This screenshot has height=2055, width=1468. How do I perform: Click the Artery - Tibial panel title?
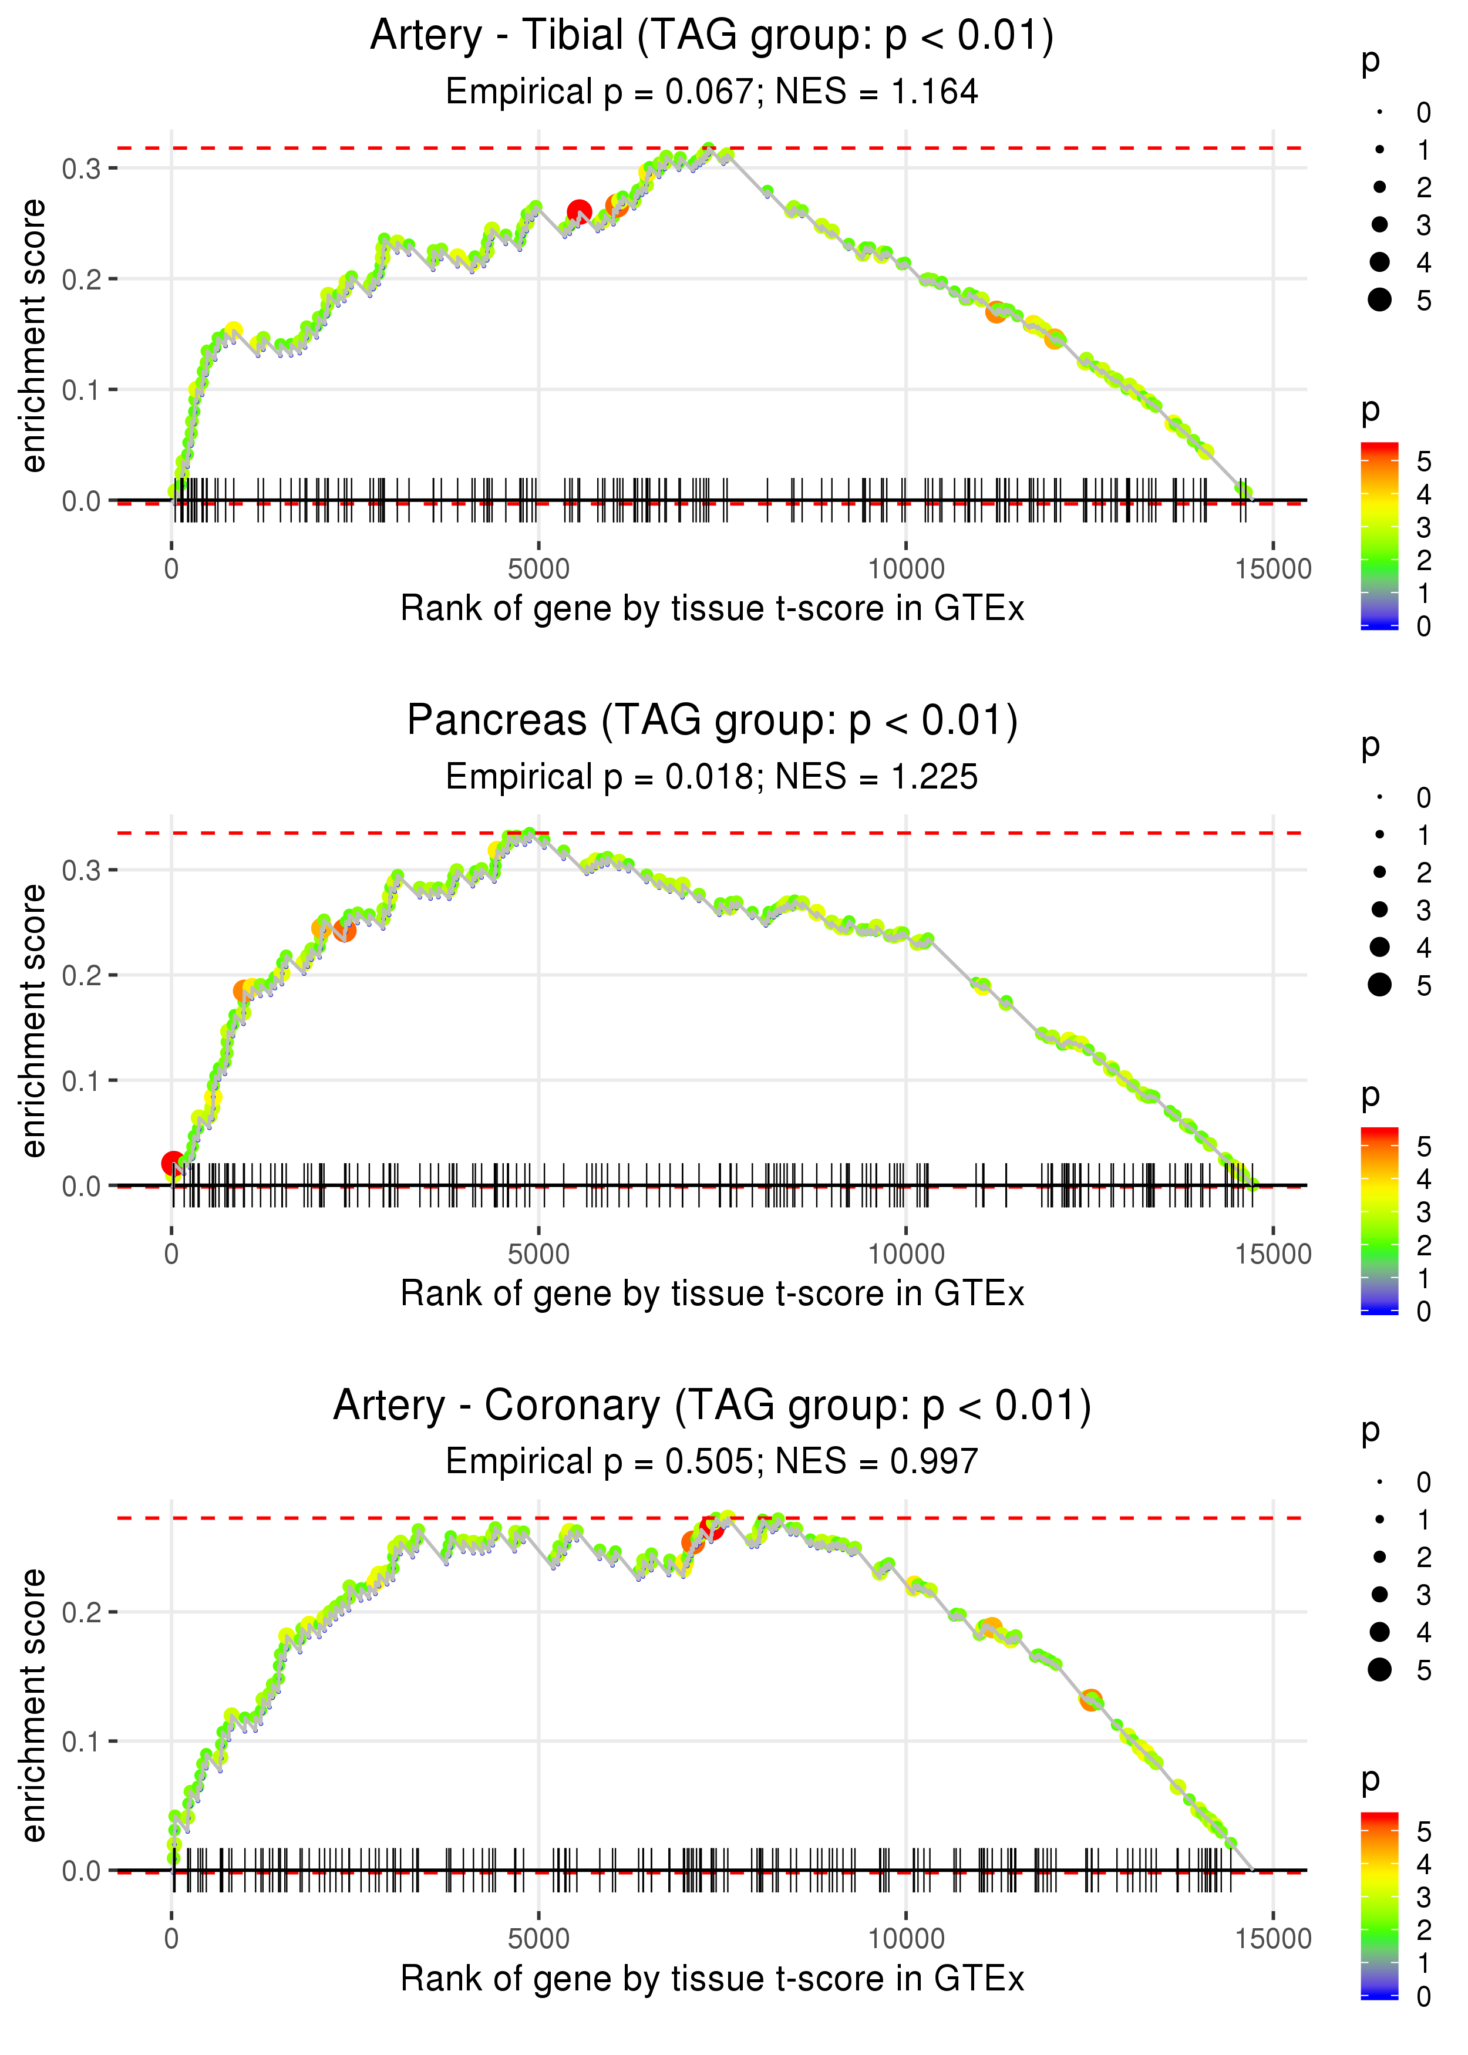[x=712, y=36]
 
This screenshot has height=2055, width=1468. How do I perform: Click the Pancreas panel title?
[x=712, y=721]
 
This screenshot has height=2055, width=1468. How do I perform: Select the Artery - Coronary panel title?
[x=712, y=1406]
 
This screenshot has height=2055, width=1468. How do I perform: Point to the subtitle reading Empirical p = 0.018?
[x=600, y=777]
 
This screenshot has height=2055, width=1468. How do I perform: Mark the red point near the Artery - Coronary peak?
[x=712, y=1528]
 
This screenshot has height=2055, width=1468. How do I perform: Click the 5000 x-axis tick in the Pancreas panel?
[x=538, y=1254]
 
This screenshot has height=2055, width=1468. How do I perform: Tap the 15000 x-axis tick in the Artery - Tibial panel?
[x=1272, y=570]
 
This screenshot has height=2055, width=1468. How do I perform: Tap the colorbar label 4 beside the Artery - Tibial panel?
[x=1424, y=494]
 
